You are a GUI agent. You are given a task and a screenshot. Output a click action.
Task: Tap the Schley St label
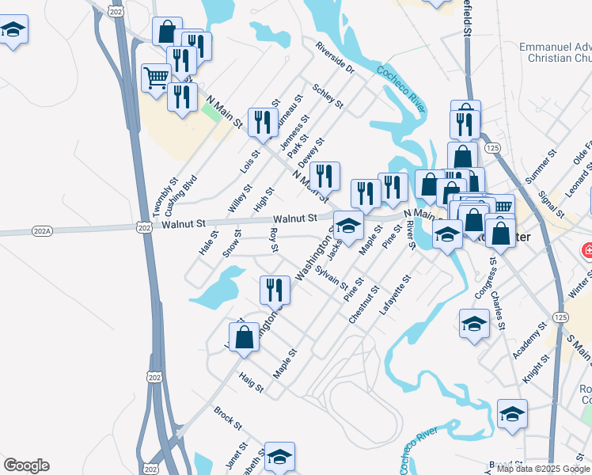click(328, 96)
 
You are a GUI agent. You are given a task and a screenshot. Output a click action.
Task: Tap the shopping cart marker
click(156, 78)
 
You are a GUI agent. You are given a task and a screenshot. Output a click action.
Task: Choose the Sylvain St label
click(332, 279)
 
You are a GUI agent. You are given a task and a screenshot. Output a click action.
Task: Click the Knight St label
click(536, 369)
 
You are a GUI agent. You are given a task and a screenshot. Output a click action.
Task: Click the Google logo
click(26, 465)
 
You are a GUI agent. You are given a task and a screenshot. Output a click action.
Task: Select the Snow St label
click(232, 244)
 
